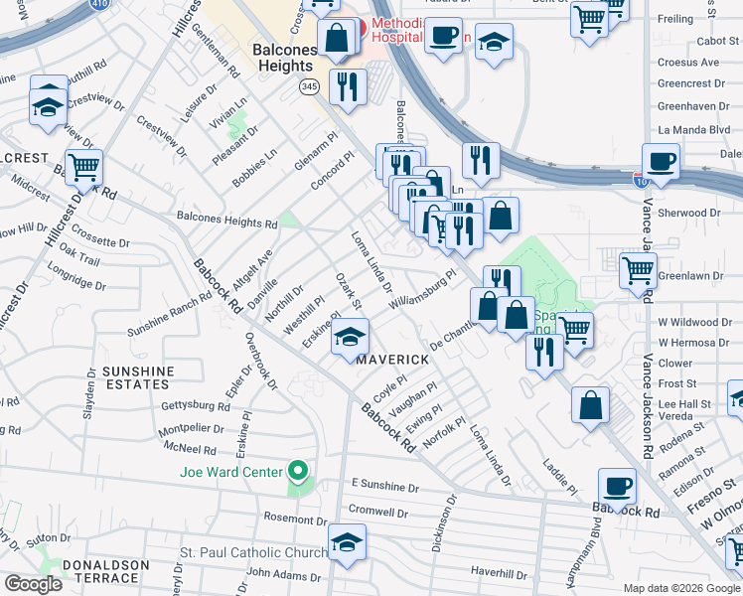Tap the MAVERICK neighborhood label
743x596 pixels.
(392, 359)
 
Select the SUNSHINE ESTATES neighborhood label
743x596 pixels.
(137, 377)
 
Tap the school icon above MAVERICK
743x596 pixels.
(351, 337)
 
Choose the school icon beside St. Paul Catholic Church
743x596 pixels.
(347, 542)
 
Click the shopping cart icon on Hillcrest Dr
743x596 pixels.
(84, 167)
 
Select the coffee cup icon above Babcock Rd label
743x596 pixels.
(617, 487)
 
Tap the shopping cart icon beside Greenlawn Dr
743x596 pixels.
(637, 269)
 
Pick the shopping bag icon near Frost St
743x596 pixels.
(591, 405)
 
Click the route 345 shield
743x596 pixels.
(310, 87)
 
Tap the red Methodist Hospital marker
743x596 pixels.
(364, 26)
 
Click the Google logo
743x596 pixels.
(33, 584)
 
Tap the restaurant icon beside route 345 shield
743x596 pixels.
(347, 85)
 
